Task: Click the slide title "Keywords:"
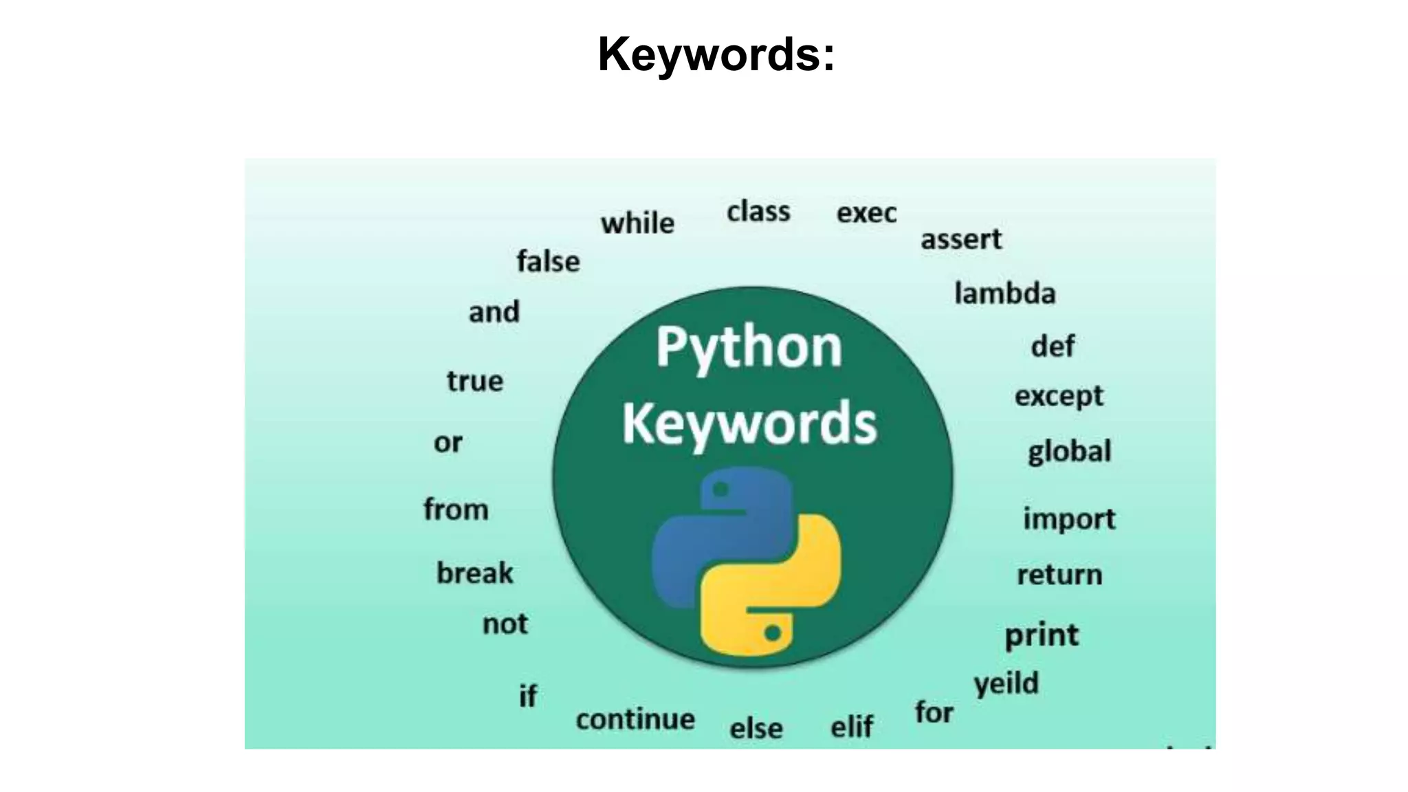716,54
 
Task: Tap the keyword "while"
637,223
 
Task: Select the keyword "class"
758,212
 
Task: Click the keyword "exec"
866,213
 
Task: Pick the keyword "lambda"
1004,294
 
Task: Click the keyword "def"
1053,346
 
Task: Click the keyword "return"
1059,575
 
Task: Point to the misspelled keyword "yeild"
1006,684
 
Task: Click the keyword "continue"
635,720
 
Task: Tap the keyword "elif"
852,727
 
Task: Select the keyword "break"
474,573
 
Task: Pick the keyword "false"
548,261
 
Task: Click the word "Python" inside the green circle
749,347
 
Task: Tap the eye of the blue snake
721,489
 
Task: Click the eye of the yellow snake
773,632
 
